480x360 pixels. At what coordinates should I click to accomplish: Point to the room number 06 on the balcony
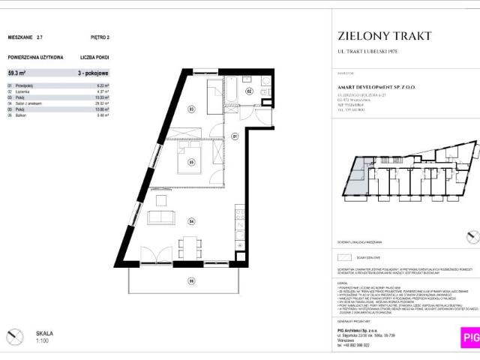[191, 280]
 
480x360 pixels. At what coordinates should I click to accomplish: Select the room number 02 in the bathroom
[249, 92]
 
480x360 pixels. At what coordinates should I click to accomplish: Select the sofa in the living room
[162, 217]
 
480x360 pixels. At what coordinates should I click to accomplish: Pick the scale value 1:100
[43, 341]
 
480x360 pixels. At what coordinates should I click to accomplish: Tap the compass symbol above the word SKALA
[14, 335]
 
